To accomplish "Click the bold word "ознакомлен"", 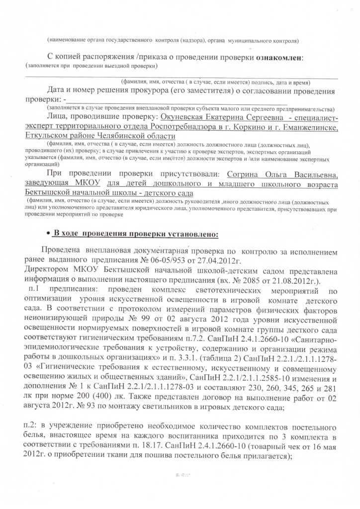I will click(x=280, y=58).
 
